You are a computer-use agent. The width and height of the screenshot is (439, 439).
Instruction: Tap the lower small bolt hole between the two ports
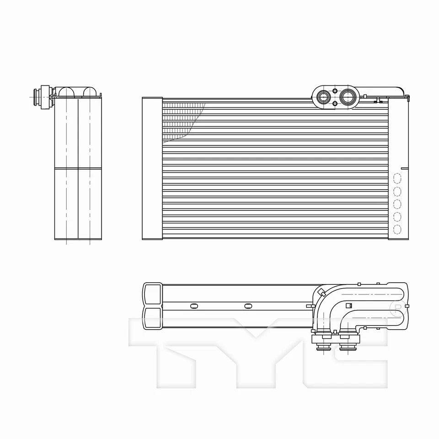[x=335, y=104]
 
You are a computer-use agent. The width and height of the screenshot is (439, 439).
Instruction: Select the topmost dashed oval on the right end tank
[x=397, y=178]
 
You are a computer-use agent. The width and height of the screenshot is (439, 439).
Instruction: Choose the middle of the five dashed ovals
[x=397, y=203]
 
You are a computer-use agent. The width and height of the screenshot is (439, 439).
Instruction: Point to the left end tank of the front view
[x=152, y=168]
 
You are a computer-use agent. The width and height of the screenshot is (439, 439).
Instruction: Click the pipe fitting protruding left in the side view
[x=39, y=96]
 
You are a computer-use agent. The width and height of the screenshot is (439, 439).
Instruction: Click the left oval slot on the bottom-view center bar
[x=193, y=305]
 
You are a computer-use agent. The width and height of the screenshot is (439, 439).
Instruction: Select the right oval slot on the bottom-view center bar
[x=248, y=305]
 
